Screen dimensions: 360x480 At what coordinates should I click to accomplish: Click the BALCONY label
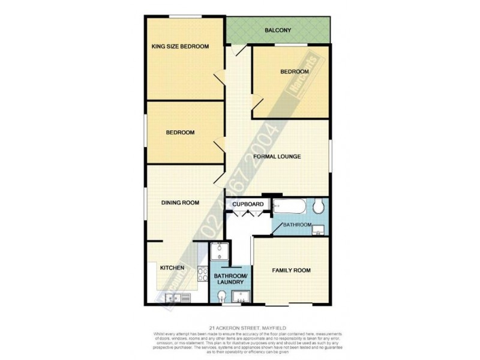[x=278, y=31]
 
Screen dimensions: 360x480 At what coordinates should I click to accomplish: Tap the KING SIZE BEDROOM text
[x=179, y=47]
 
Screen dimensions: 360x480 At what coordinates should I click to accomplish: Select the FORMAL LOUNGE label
[x=277, y=157]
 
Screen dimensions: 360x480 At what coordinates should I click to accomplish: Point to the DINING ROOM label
[x=180, y=203]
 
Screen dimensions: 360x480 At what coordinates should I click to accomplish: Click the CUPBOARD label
[x=249, y=205]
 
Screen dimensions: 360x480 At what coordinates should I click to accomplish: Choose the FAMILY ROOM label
[x=291, y=271]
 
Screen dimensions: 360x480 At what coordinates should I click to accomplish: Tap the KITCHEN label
[x=172, y=268]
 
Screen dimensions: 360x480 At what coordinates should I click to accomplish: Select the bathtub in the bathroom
[x=292, y=207]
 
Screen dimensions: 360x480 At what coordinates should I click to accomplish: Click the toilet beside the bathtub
[x=319, y=207]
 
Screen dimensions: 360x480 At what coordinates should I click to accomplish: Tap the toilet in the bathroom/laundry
[x=222, y=295]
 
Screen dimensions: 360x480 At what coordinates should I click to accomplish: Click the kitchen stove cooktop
[x=185, y=297]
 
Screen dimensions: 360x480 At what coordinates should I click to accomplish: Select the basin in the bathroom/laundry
[x=241, y=296]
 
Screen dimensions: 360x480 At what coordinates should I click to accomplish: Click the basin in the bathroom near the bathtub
[x=320, y=229]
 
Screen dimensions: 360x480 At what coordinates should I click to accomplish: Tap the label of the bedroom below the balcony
[x=295, y=72]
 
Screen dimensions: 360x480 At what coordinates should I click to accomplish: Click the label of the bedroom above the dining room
[x=180, y=133]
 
